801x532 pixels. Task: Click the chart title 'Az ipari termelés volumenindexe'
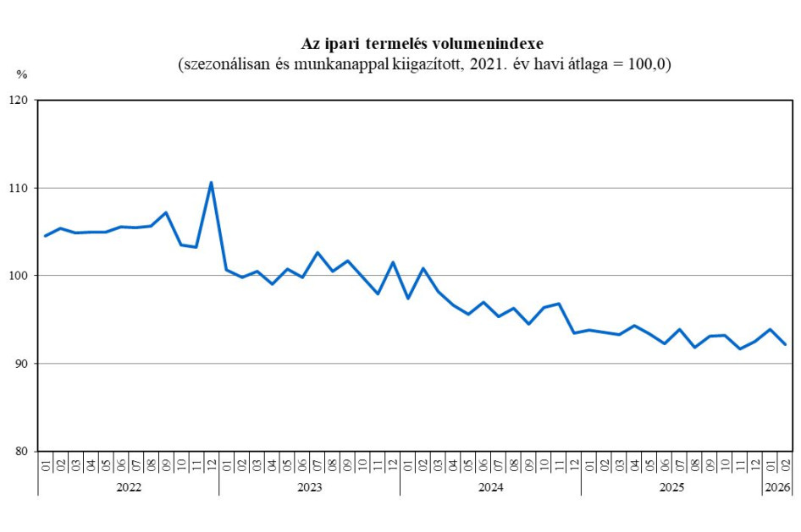pyautogui.click(x=423, y=44)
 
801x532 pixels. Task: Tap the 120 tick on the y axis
pyautogui.click(x=19, y=101)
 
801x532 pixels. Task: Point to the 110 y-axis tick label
pyautogui.click(x=19, y=188)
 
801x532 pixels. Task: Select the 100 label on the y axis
pyautogui.click(x=19, y=276)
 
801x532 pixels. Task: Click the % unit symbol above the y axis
pyautogui.click(x=22, y=74)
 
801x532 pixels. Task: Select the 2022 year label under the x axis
pyautogui.click(x=128, y=487)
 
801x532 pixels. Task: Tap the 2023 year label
pyautogui.click(x=309, y=487)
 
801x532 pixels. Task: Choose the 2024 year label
pyautogui.click(x=490, y=487)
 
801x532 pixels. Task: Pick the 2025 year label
pyautogui.click(x=671, y=487)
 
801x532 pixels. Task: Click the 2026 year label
pyautogui.click(x=777, y=487)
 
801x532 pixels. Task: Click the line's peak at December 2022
pyautogui.click(x=211, y=182)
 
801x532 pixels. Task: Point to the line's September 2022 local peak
pyautogui.click(x=166, y=212)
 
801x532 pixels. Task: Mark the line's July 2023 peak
pyautogui.click(x=317, y=252)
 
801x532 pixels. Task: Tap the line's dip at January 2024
pyautogui.click(x=408, y=299)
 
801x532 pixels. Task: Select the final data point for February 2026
pyautogui.click(x=785, y=344)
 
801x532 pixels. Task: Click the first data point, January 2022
pyautogui.click(x=45, y=236)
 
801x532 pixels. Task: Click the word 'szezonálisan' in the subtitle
pyautogui.click(x=223, y=64)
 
